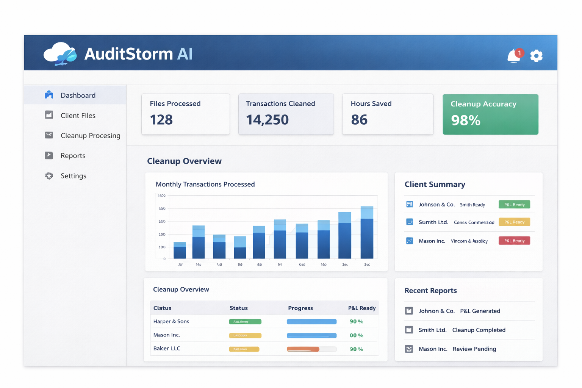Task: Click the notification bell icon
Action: tap(514, 56)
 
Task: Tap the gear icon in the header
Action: tap(536, 56)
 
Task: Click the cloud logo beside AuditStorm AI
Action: tap(60, 54)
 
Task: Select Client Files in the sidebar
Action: tap(78, 116)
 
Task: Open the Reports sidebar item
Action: tap(73, 156)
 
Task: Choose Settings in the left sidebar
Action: tap(73, 176)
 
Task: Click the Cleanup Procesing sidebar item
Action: tap(90, 136)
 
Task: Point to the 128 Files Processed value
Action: tap(161, 120)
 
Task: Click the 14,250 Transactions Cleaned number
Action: tap(267, 120)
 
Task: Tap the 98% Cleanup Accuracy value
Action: tap(466, 120)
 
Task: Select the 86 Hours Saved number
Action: tap(359, 120)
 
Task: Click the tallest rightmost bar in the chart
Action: tap(367, 233)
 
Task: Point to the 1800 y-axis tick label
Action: tap(161, 196)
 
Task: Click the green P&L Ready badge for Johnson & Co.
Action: tap(514, 205)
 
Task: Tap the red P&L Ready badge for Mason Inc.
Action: tap(514, 241)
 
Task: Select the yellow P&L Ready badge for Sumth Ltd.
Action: tap(514, 222)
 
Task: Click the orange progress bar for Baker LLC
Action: tap(303, 349)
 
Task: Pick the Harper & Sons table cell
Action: tap(171, 322)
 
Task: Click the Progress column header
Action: tap(300, 308)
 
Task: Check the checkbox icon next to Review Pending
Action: tap(409, 349)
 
